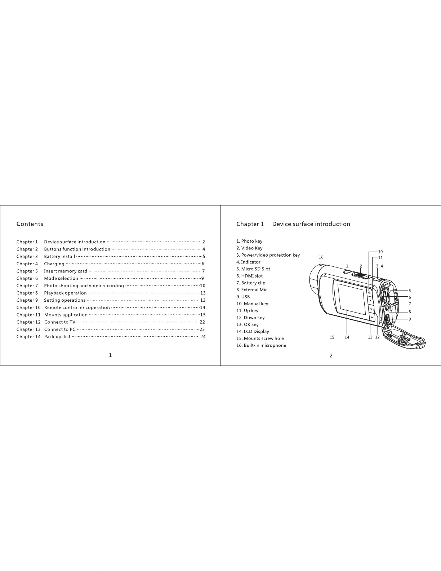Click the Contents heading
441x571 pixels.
pyautogui.click(x=30, y=224)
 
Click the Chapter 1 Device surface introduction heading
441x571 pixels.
pyautogui.click(x=293, y=224)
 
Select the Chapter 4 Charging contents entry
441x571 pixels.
pyautogui.click(x=54, y=264)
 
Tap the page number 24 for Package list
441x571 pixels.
pyautogui.click(x=203, y=337)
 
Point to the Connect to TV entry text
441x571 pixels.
pyautogui.click(x=60, y=322)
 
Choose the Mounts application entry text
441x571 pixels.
pyautogui.click(x=66, y=315)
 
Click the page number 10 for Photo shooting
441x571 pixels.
pyautogui.click(x=202, y=285)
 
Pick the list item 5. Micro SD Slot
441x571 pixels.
pyautogui.click(x=253, y=269)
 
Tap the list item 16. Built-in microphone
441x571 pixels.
pyautogui.click(x=261, y=345)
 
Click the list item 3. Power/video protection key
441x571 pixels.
pyautogui.click(x=268, y=255)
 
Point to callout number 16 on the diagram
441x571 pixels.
pyautogui.click(x=321, y=257)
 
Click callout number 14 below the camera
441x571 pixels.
pyautogui.click(x=347, y=337)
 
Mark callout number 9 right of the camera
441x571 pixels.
pyautogui.click(x=410, y=319)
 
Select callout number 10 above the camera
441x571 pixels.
pyautogui.click(x=380, y=252)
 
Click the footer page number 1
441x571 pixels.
pyautogui.click(x=110, y=355)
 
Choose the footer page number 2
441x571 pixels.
pyautogui.click(x=331, y=356)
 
